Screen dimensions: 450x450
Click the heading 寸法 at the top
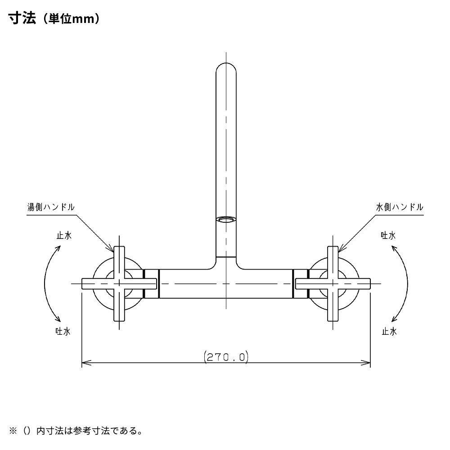[x=22, y=19]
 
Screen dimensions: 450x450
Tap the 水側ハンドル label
[x=400, y=207]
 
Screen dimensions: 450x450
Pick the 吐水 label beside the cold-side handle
[x=388, y=235]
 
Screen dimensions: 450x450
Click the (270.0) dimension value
[x=226, y=357]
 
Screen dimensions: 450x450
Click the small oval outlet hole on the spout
[x=226, y=220]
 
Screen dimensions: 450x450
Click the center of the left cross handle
[x=119, y=283]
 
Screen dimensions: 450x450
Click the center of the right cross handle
[x=333, y=283]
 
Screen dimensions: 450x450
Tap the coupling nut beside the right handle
[x=300, y=283]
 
